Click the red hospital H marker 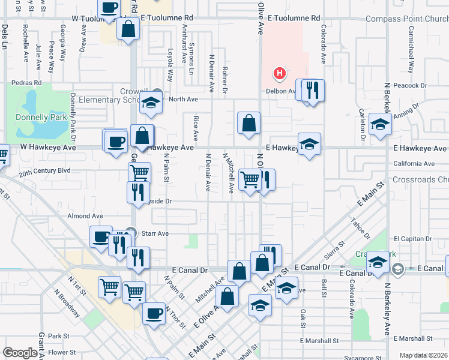pyautogui.click(x=279, y=74)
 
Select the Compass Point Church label pyautogui.click(x=407, y=19)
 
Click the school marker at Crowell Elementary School pyautogui.click(x=151, y=104)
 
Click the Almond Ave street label pyautogui.click(x=85, y=216)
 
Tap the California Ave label pyautogui.click(x=414, y=163)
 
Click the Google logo pyautogui.click(x=20, y=353)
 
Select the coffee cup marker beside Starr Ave pyautogui.click(x=101, y=237)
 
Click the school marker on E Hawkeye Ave pyautogui.click(x=309, y=145)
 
